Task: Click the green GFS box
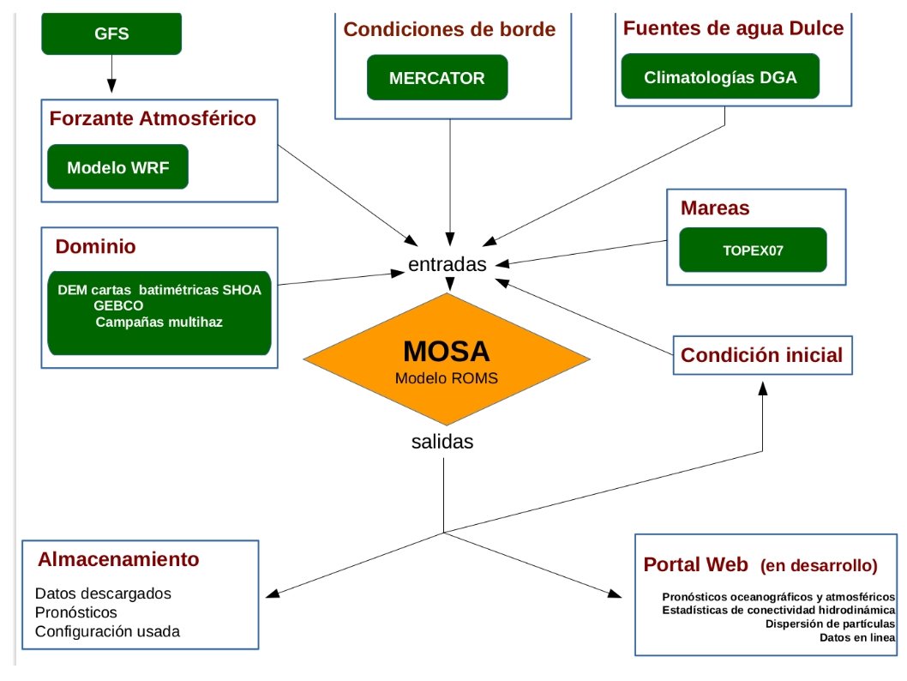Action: [x=111, y=34]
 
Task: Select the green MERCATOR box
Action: [x=437, y=78]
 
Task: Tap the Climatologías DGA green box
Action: [x=720, y=77]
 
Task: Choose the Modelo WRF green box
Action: [x=117, y=167]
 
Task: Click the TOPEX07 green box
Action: [x=753, y=250]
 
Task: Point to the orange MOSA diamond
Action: [x=447, y=361]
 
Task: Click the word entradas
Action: [x=447, y=264]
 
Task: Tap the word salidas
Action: [x=442, y=443]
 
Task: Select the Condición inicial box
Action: [x=763, y=354]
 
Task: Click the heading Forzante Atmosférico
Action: [x=153, y=118]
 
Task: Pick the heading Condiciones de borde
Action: [x=449, y=30]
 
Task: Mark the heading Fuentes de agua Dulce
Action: [x=733, y=28]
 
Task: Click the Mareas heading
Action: [x=715, y=208]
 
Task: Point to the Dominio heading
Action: [x=96, y=247]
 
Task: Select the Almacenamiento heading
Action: [x=118, y=560]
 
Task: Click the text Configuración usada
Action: [x=108, y=632]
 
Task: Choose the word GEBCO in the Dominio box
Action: [x=118, y=305]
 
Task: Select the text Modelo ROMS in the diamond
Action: [x=447, y=377]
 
